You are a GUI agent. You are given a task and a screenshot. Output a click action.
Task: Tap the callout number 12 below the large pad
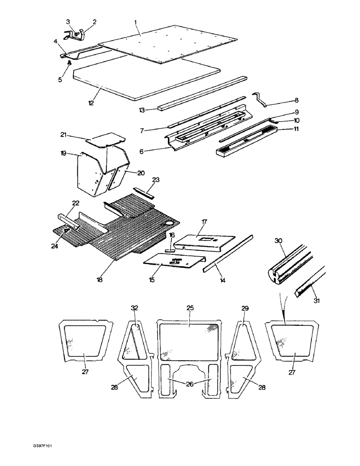91,102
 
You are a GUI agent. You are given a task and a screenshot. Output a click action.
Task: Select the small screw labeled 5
69,63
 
